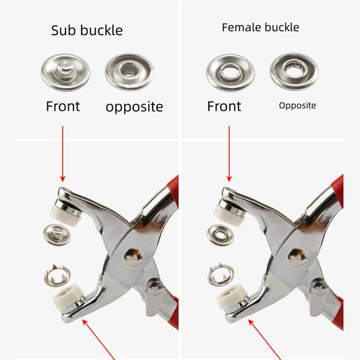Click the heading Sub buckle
click(x=86, y=30)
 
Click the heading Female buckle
click(x=260, y=27)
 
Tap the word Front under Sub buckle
click(x=63, y=106)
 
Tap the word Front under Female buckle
click(x=224, y=106)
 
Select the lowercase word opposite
click(x=134, y=107)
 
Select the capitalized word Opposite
click(x=297, y=105)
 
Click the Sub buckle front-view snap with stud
click(x=66, y=72)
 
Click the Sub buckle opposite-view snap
click(x=129, y=72)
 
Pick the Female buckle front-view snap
click(x=230, y=72)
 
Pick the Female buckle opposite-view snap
click(x=294, y=71)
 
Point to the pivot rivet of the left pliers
click(x=133, y=257)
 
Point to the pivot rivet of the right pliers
click(x=297, y=257)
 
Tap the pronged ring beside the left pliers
click(x=57, y=276)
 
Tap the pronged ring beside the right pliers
click(x=221, y=275)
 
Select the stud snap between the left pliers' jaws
click(x=57, y=234)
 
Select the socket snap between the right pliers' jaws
click(x=220, y=235)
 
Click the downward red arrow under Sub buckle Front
click(x=62, y=154)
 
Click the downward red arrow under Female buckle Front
click(x=229, y=154)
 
